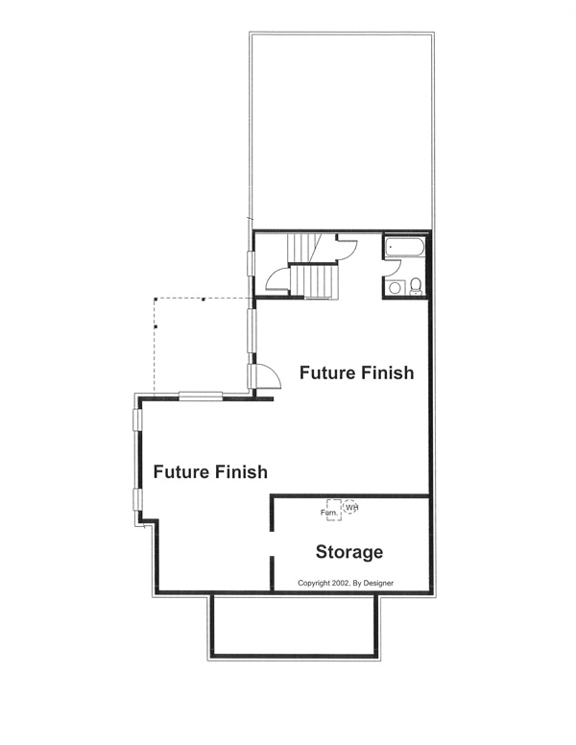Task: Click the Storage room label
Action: [349, 552]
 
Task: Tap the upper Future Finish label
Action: [356, 372]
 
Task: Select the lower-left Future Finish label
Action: [209, 472]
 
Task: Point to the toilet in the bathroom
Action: [415, 285]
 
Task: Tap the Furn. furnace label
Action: [328, 512]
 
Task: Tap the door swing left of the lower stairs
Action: [276, 280]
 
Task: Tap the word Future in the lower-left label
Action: [180, 472]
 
